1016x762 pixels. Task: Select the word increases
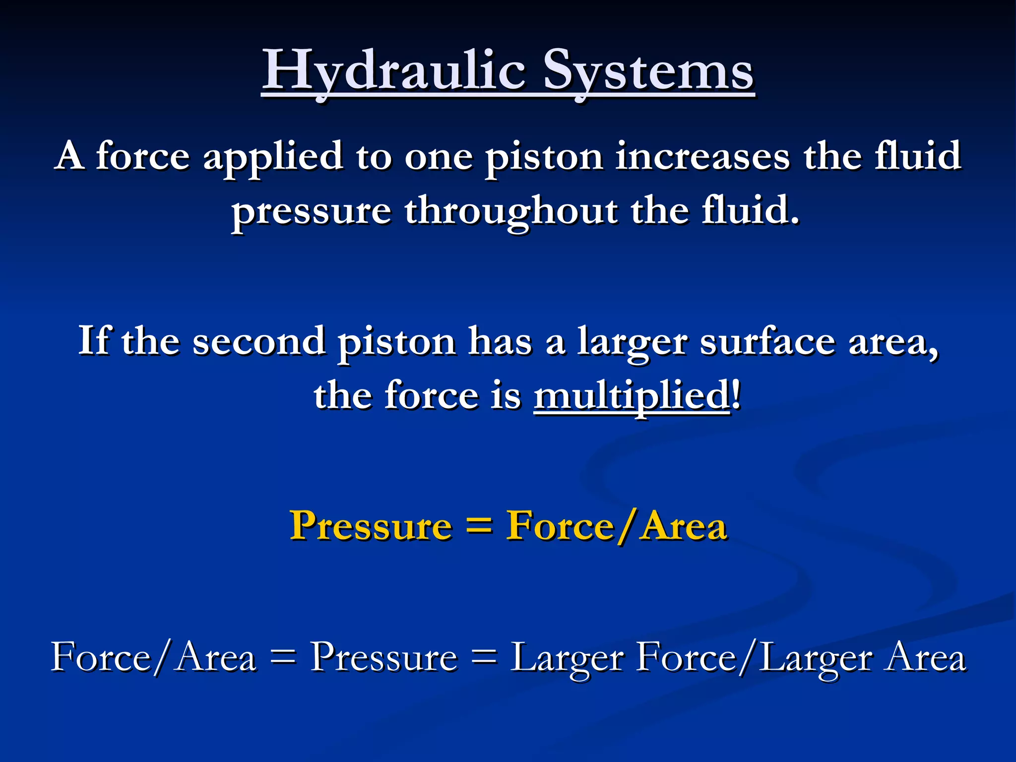(x=702, y=157)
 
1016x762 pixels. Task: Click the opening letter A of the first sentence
(x=69, y=156)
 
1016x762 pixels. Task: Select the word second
(x=258, y=341)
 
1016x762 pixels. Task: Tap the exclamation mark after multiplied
(x=736, y=395)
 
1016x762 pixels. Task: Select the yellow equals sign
(x=479, y=526)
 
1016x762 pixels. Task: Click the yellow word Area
(x=684, y=526)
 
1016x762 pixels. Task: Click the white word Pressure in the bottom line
(x=383, y=658)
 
